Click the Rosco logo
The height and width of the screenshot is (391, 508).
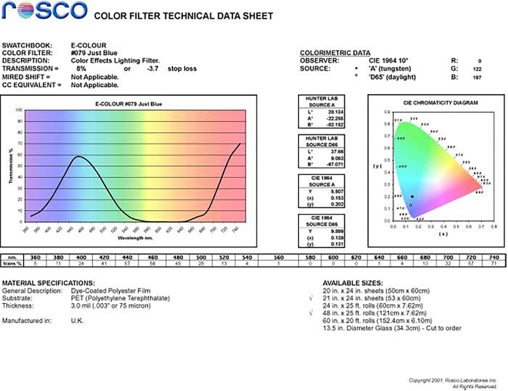tap(44, 11)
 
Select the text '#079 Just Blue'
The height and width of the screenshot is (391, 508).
tap(94, 53)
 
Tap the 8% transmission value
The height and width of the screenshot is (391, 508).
tap(81, 69)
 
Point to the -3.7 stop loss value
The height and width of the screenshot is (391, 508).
tap(152, 69)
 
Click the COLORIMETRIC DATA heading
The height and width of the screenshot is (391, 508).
tap(335, 53)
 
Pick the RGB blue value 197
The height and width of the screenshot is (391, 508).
tap(477, 77)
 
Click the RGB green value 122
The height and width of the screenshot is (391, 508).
tap(477, 69)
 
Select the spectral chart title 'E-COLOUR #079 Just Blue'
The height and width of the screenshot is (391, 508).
tap(128, 104)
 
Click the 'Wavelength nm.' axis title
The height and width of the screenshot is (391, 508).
tap(135, 238)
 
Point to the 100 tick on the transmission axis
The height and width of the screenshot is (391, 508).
tap(19, 110)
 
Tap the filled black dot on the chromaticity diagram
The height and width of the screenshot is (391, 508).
tap(412, 197)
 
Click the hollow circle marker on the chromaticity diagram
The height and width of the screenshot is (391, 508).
tap(410, 205)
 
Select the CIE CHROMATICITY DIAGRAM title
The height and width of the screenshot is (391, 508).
tap(441, 103)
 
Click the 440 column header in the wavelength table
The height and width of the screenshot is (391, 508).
tap(127, 257)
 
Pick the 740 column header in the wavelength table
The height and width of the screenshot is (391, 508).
tap(494, 257)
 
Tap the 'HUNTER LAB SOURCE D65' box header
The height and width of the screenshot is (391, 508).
tap(321, 141)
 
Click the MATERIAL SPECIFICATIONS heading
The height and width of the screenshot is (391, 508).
tap(48, 283)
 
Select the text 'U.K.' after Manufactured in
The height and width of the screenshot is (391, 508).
tap(77, 321)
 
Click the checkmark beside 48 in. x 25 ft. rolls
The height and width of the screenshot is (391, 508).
tap(311, 313)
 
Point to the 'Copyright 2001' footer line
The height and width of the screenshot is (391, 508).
tap(452, 380)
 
